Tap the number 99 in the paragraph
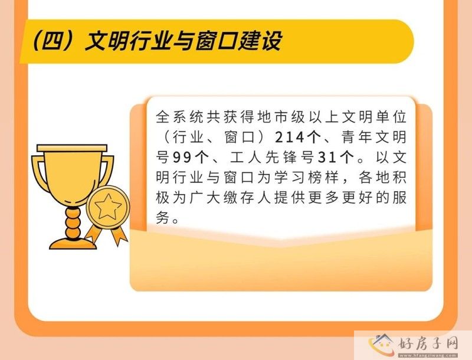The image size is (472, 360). point(182,158)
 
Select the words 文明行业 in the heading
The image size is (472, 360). point(122,42)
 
